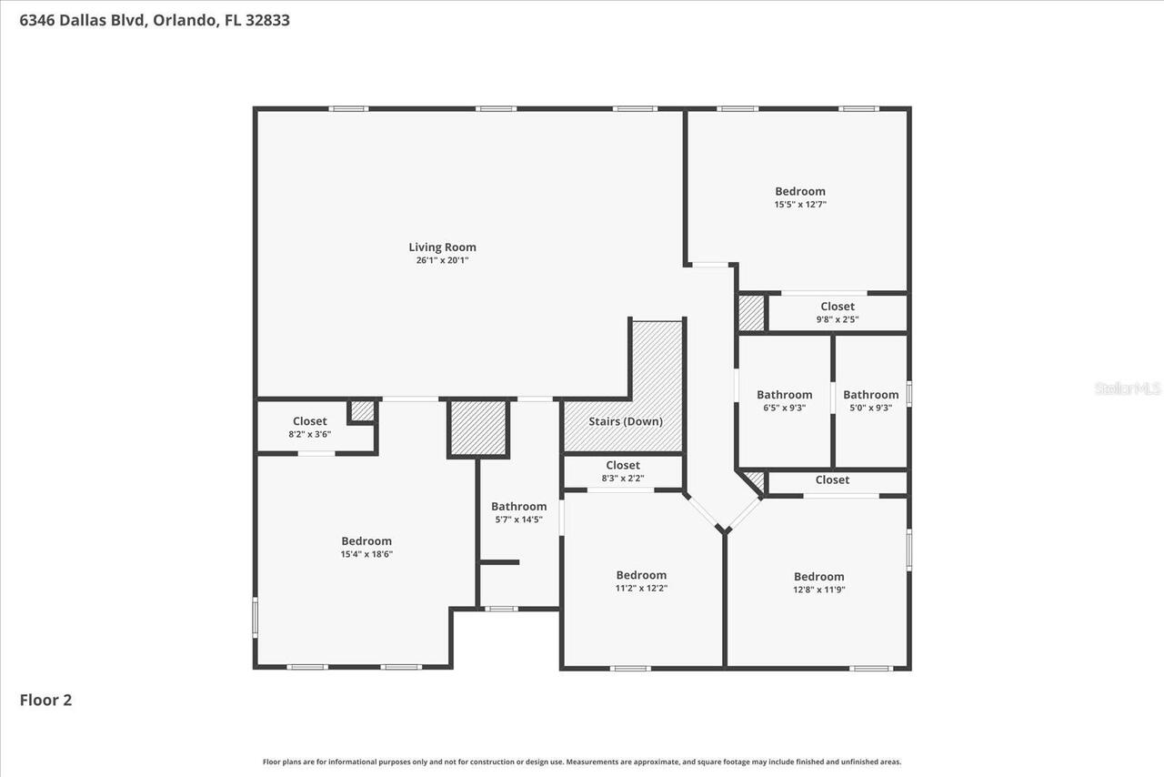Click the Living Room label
click(442, 247)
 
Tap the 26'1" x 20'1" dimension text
click(442, 260)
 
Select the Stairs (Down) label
click(626, 421)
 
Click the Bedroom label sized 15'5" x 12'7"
click(800, 191)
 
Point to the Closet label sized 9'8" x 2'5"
click(838, 307)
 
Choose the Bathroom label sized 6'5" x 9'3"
click(784, 395)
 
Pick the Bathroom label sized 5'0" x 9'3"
click(870, 395)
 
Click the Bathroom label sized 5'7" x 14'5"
click(519, 507)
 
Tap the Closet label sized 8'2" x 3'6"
click(309, 421)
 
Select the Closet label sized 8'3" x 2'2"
click(623, 465)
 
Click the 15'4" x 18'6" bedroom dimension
click(366, 554)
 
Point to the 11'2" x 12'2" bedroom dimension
click(641, 588)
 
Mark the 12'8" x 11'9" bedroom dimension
click(818, 590)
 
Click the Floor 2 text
click(45, 700)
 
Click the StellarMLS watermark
click(1128, 388)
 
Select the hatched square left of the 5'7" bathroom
click(478, 428)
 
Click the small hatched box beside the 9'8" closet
click(751, 313)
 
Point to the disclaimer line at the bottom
click(582, 762)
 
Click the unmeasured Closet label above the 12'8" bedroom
click(832, 479)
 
